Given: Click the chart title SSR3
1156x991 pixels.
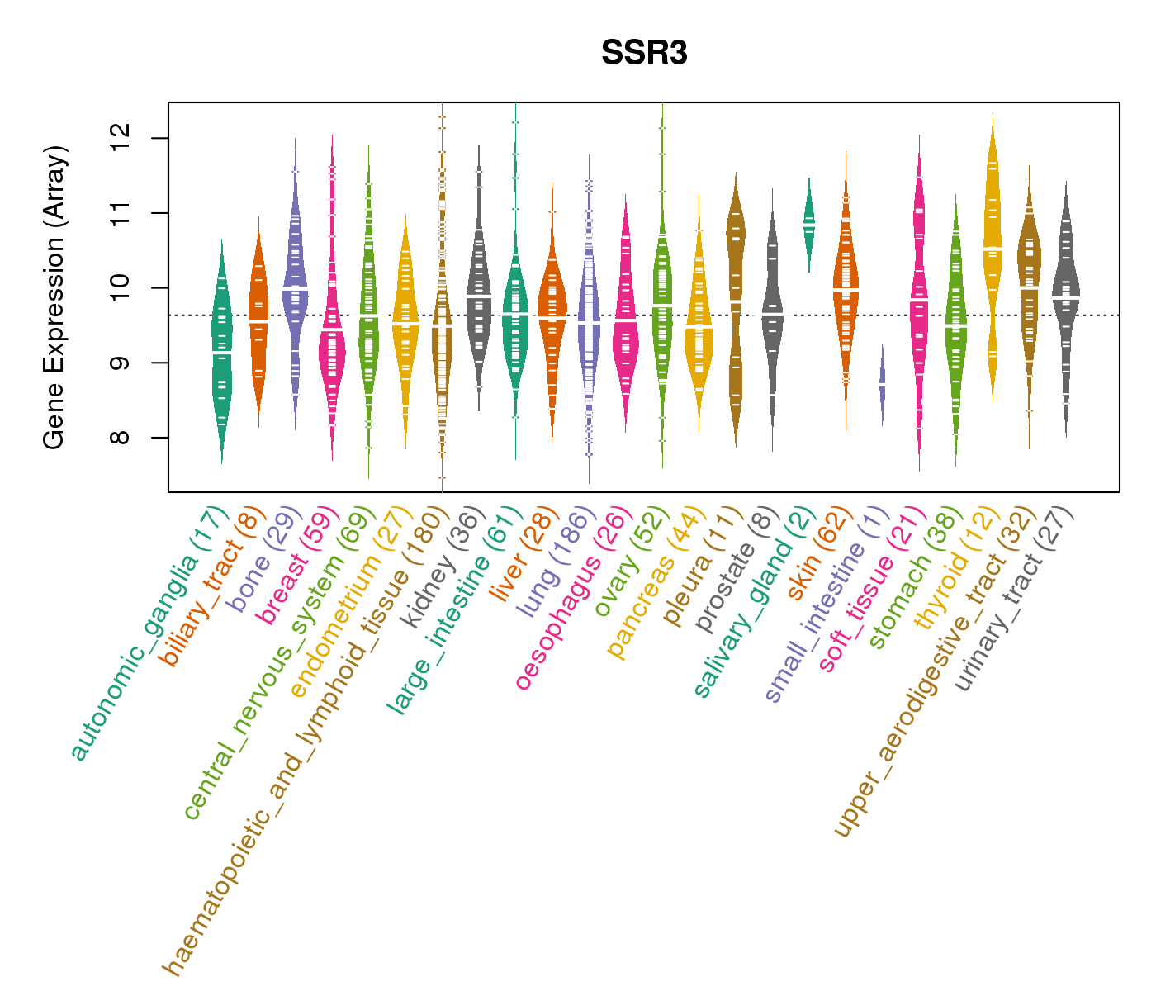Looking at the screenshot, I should tap(644, 54).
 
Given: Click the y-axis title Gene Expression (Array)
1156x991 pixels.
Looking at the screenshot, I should tap(54, 297).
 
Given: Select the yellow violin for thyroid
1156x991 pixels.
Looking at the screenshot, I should tap(993, 248).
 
